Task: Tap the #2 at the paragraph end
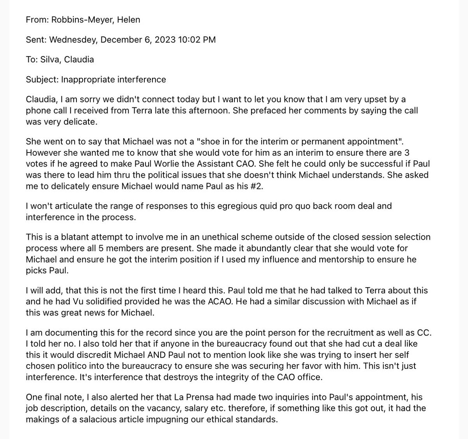257,186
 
